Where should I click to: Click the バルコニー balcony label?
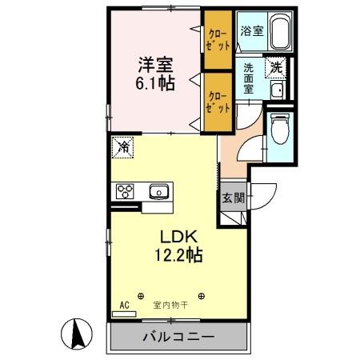(178, 337)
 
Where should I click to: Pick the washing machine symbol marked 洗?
(276, 68)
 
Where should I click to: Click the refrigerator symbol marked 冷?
(124, 146)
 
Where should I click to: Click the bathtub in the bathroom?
(279, 32)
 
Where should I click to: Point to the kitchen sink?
(158, 191)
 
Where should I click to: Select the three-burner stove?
(126, 191)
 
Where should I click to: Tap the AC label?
(124, 305)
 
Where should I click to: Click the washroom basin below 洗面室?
(277, 90)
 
